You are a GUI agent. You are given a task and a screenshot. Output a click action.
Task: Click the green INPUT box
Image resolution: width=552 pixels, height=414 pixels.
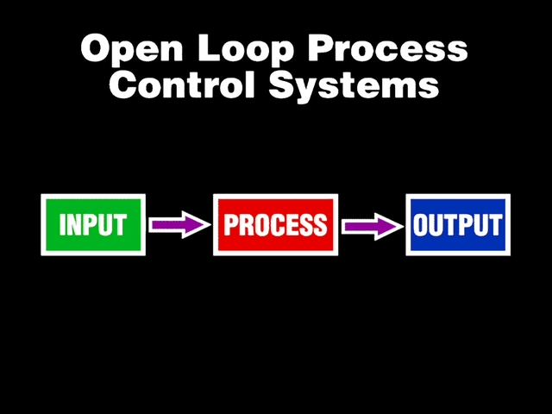tap(93, 225)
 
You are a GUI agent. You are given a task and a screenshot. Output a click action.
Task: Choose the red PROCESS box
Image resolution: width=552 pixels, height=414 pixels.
tap(275, 225)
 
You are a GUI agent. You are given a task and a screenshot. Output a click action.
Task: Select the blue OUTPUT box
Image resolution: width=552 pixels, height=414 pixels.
tap(457, 225)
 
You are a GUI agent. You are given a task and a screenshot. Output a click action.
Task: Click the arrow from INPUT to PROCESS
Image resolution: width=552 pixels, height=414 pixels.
tap(179, 225)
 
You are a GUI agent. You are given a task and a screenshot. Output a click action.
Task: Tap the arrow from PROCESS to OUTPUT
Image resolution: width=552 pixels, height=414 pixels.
tap(372, 225)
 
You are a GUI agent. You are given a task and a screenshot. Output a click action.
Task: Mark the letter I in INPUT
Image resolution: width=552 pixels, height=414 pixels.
tap(62, 225)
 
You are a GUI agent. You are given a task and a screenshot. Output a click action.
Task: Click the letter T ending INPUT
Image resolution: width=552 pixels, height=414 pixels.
tap(120, 225)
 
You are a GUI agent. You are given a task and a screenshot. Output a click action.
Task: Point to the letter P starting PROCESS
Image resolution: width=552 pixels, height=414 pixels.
tap(230, 225)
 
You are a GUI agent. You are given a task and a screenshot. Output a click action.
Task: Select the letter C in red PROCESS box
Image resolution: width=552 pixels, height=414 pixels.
tap(271, 225)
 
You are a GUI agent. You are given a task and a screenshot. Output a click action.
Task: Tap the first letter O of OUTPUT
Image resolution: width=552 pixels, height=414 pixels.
tap(421, 225)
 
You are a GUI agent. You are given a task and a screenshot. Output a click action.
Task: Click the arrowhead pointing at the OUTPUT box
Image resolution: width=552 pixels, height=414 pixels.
tap(392, 225)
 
